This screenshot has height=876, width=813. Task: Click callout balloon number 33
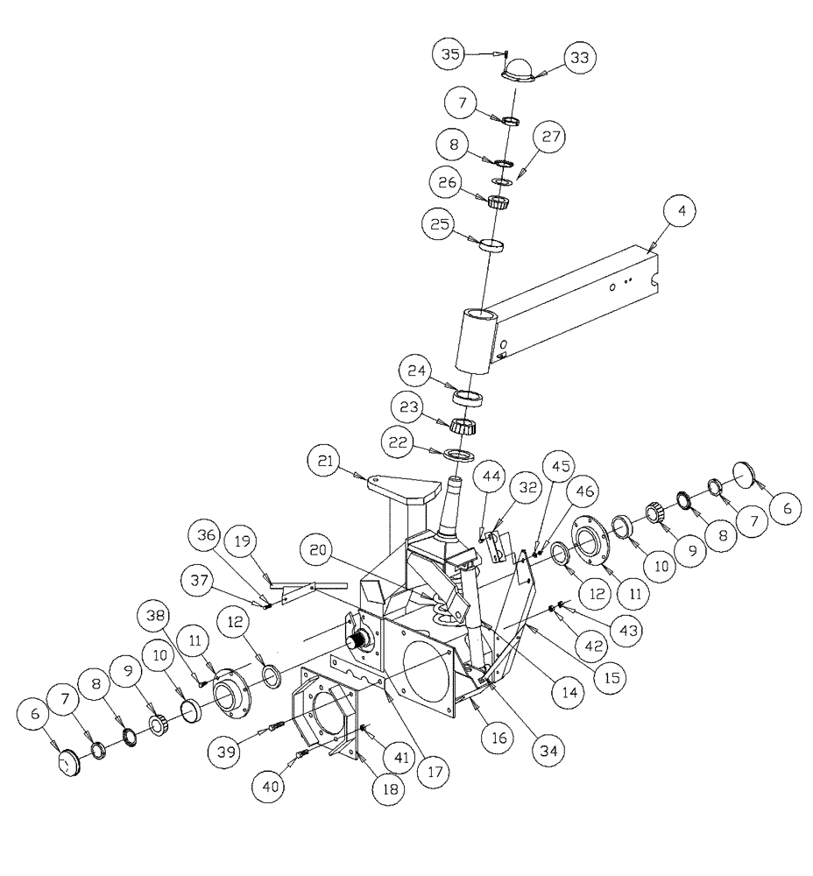point(579,57)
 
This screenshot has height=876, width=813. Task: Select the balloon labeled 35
point(451,53)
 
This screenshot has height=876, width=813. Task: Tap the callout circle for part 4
point(680,211)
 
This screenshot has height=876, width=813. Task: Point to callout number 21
point(326,459)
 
